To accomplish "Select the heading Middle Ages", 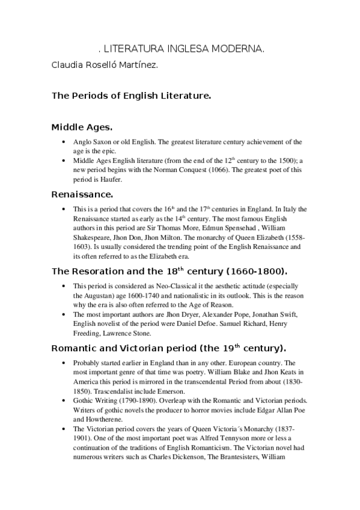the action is pyautogui.click(x=82, y=127).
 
